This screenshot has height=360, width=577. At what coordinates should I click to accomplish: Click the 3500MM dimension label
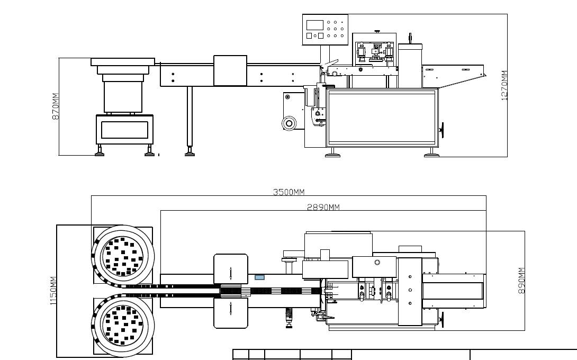coord(289,192)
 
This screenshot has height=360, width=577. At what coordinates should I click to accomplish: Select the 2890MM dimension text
coord(323,207)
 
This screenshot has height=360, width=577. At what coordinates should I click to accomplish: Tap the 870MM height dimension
coord(55,106)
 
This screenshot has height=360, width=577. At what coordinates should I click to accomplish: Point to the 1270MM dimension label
coord(504,85)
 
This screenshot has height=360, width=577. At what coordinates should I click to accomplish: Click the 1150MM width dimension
coord(53,291)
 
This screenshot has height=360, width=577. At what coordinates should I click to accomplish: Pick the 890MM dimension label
coord(521,281)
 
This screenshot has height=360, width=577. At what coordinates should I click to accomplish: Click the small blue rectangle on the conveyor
coord(259,277)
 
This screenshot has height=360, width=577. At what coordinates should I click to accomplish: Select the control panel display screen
coord(314,25)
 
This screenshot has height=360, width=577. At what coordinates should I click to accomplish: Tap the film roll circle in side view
coord(289,123)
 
